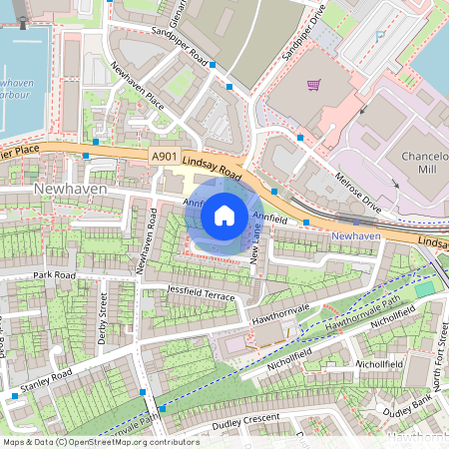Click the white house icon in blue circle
(224, 215)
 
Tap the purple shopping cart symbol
(313, 86)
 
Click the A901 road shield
(167, 157)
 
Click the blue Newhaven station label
(356, 234)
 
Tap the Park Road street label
(54, 274)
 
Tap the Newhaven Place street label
(138, 87)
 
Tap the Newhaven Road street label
(147, 240)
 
